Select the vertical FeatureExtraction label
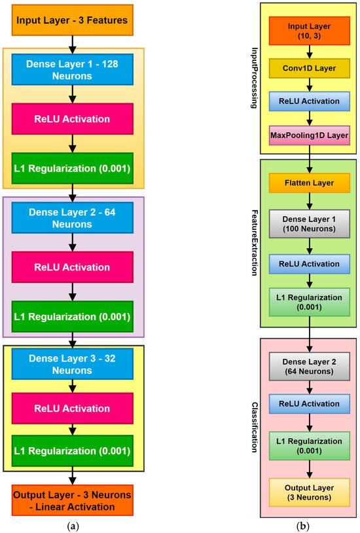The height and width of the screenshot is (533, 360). [x=252, y=232]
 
